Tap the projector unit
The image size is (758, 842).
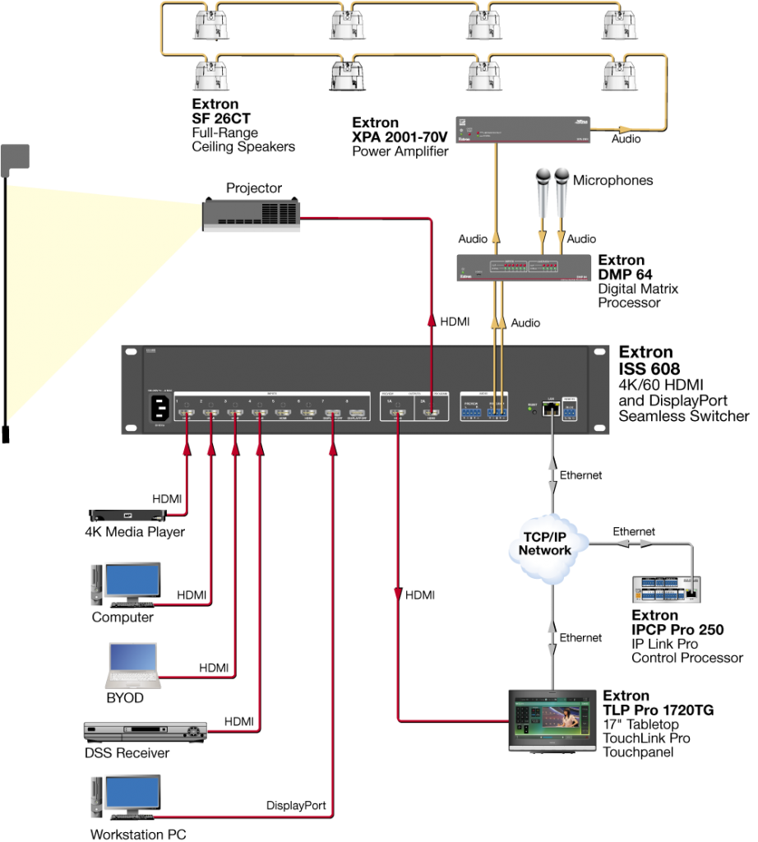point(252,215)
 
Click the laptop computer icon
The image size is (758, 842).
point(132,664)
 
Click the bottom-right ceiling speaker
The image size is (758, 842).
point(620,76)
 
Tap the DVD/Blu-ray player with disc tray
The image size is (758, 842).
point(146,731)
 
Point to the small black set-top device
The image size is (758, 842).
point(127,516)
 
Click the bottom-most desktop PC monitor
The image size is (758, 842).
point(128,795)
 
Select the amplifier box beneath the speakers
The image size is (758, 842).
point(524,130)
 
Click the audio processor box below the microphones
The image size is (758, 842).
point(525,268)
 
